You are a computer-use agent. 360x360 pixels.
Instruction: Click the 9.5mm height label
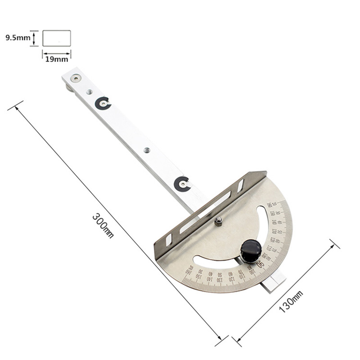18,38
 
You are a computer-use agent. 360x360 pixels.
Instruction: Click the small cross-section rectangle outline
57,38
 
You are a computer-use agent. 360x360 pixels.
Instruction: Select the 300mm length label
103,225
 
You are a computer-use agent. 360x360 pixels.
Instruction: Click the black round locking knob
251,250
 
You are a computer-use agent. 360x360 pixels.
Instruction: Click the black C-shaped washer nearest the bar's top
103,104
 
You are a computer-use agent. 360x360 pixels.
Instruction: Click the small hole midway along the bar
146,150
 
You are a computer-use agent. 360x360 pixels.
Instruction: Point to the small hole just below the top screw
90,92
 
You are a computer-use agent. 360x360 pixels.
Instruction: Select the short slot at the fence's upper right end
241,185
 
